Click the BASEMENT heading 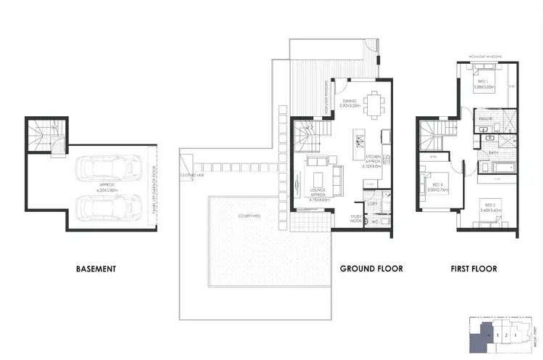(96, 269)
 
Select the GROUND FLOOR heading (371, 269)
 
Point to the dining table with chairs (375, 102)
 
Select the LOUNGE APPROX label (316, 192)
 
